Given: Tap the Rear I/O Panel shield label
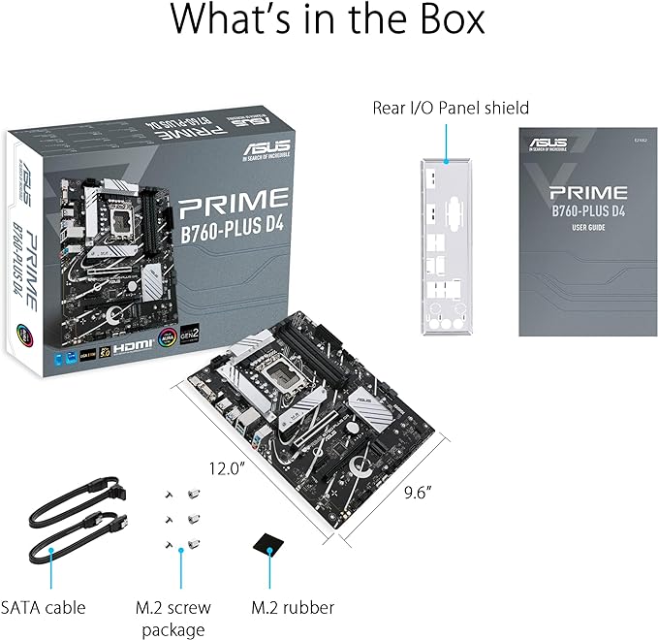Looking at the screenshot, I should click(451, 107).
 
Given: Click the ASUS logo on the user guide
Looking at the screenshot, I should click(548, 144).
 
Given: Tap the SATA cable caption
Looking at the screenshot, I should click(44, 608).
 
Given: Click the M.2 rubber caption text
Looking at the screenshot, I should click(293, 608).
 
